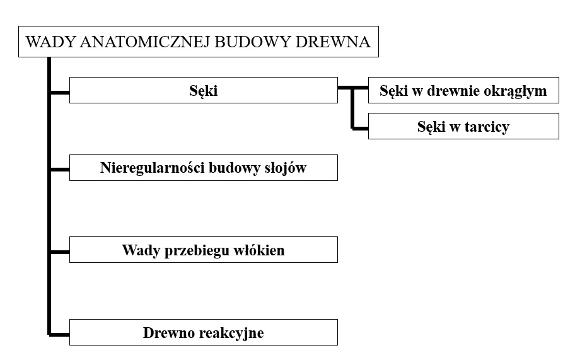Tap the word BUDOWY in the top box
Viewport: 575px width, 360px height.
pyautogui.click(x=253, y=42)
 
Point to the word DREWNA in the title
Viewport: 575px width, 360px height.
pyautogui.click(x=333, y=42)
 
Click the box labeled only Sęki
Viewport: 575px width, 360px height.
pyautogui.click(x=204, y=90)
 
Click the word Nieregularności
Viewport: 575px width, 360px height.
pyautogui.click(x=153, y=168)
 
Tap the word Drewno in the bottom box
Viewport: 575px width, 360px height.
pyautogui.click(x=168, y=332)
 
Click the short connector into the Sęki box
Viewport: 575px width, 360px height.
pyautogui.click(x=60, y=93)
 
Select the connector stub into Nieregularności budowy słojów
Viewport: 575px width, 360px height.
pyautogui.click(x=60, y=170)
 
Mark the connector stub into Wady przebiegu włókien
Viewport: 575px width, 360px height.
pyautogui.click(x=60, y=252)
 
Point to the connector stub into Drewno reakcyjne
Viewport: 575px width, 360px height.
pyautogui.click(x=60, y=334)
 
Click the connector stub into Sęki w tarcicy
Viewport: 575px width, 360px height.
pyautogui.click(x=361, y=129)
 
